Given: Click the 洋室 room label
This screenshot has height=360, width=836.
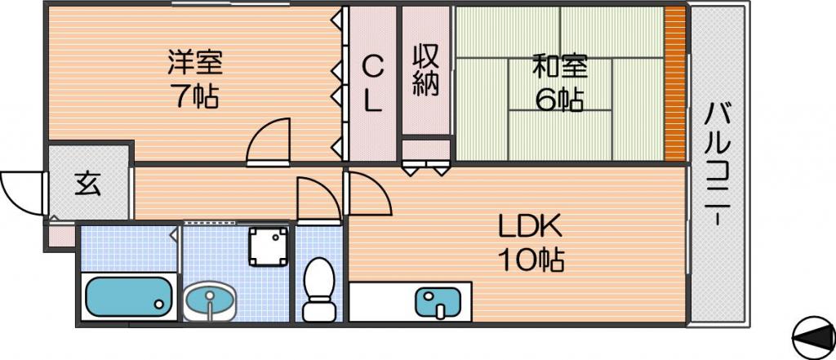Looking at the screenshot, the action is [x=194, y=63].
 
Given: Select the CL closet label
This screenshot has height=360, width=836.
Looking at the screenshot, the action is [x=372, y=84].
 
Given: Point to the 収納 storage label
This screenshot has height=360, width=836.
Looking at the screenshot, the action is [x=426, y=70].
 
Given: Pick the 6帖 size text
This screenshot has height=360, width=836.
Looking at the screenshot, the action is [x=559, y=100].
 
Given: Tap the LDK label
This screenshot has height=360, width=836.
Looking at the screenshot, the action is [x=530, y=228].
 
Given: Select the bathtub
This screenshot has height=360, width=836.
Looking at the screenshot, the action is [x=128, y=296].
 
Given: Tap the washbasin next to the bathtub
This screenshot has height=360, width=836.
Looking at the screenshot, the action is [x=210, y=300].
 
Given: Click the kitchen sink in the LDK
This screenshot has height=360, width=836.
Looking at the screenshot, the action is [x=438, y=302].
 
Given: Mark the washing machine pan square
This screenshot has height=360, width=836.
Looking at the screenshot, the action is [x=269, y=247].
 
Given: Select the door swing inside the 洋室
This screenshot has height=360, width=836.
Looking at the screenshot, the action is [x=268, y=140].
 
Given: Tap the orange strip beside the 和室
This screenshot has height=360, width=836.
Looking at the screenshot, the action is [x=675, y=83].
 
